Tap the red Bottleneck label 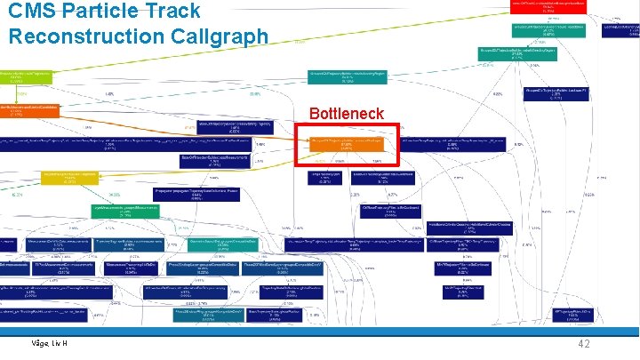coord(346,114)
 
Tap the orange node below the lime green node coord(30,110)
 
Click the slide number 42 coord(584,344)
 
